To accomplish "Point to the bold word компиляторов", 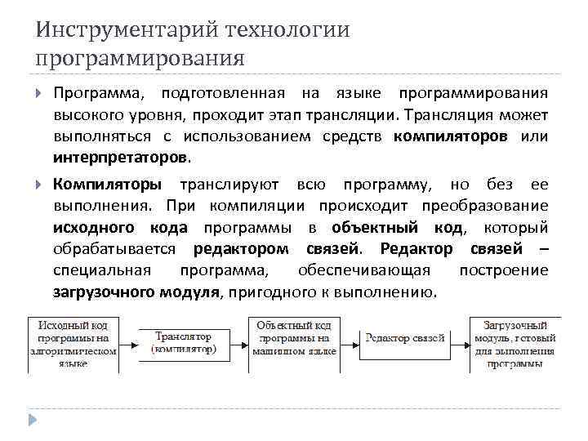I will tap(451, 136).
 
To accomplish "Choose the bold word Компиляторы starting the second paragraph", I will tap(108, 185).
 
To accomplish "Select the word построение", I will tap(503, 269).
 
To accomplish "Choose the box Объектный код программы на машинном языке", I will tap(293, 338).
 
